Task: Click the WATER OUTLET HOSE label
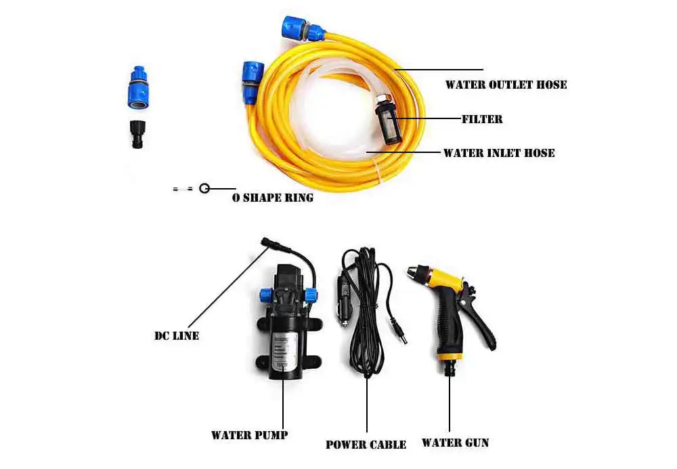pyautogui.click(x=505, y=85)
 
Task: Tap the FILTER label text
pyautogui.click(x=481, y=119)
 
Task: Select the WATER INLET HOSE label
pyautogui.click(x=498, y=153)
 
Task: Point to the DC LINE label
pyautogui.click(x=177, y=335)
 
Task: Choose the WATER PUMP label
pyautogui.click(x=248, y=434)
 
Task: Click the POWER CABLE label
pyautogui.click(x=366, y=445)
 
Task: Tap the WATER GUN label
pyautogui.click(x=455, y=443)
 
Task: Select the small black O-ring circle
pyautogui.click(x=204, y=189)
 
